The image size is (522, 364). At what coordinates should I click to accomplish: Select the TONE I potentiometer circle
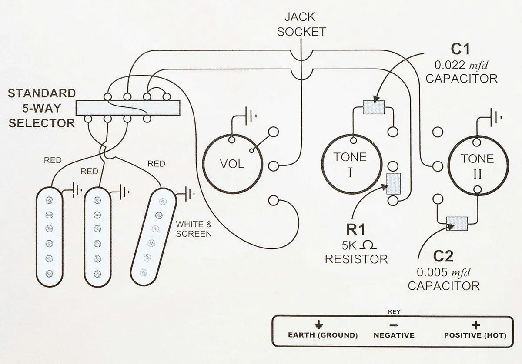(x=350, y=163)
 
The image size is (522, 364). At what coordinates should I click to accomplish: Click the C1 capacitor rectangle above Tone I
(x=374, y=106)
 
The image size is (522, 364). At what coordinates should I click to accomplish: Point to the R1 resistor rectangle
(x=394, y=183)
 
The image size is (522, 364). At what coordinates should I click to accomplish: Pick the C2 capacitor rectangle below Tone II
(x=456, y=223)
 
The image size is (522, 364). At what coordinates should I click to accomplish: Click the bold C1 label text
(x=462, y=50)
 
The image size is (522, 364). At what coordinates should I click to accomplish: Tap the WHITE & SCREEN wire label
(x=194, y=228)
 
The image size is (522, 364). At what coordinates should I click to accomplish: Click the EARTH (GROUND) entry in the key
(x=323, y=335)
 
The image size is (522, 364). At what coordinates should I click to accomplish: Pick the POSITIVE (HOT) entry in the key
(x=476, y=335)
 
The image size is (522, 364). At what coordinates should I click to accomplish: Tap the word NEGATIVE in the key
(x=394, y=335)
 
